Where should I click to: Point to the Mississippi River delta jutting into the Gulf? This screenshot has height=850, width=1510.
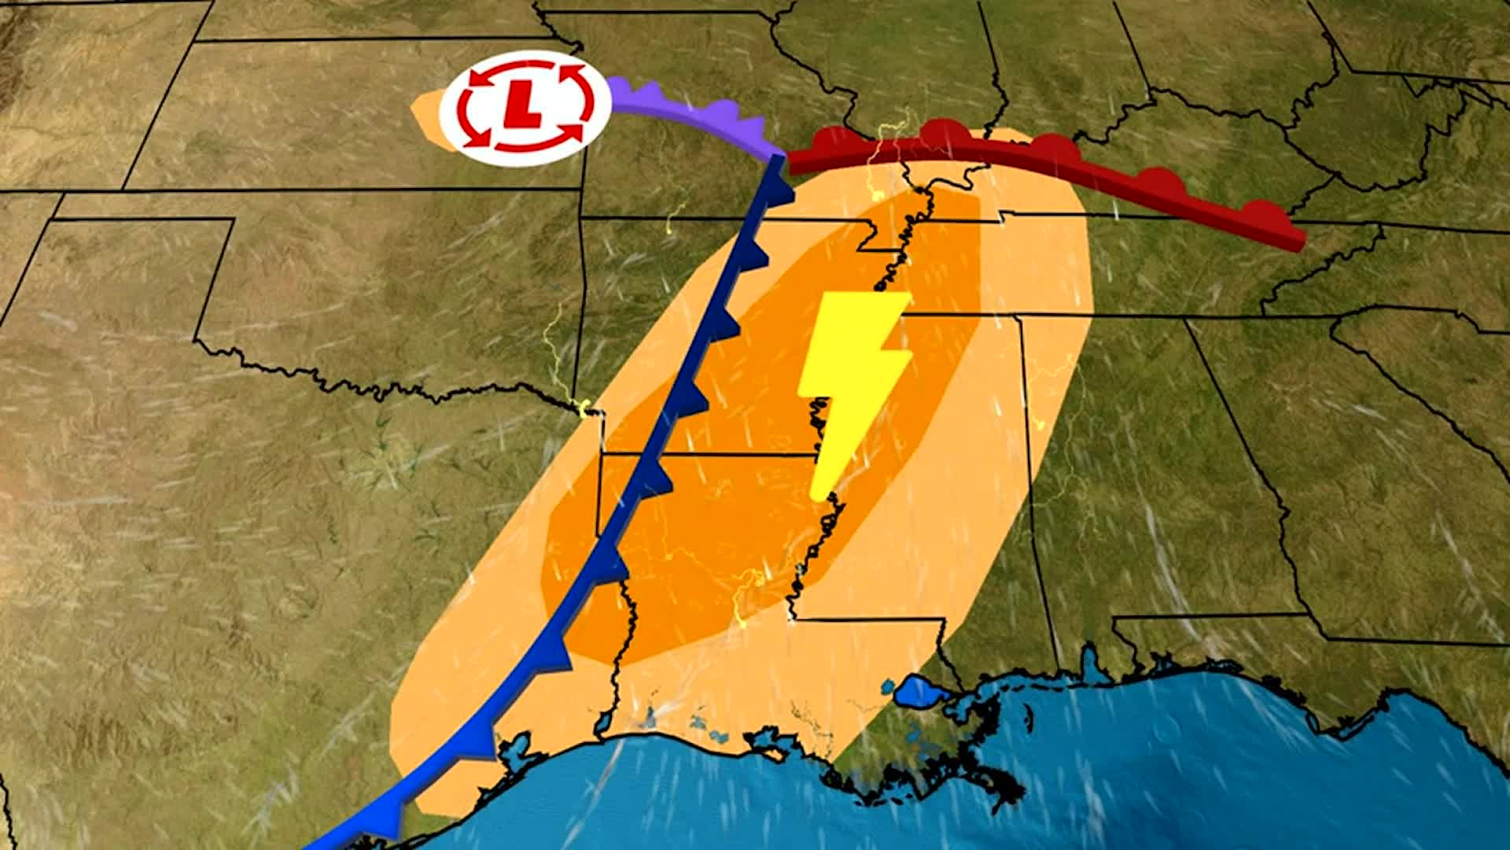point(999,787)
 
